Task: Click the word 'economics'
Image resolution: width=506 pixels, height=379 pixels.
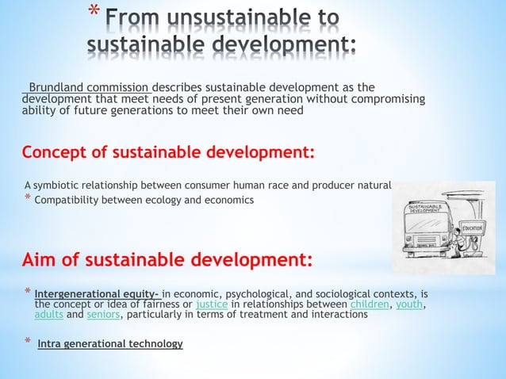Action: coord(226,200)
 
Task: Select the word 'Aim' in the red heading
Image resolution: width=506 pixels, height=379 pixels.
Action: coord(40,260)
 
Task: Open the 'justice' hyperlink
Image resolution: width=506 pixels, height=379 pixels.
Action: coord(211,304)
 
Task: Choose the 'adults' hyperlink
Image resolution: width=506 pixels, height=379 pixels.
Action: coord(49,314)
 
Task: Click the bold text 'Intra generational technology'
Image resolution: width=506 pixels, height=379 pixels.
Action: coord(110,344)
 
